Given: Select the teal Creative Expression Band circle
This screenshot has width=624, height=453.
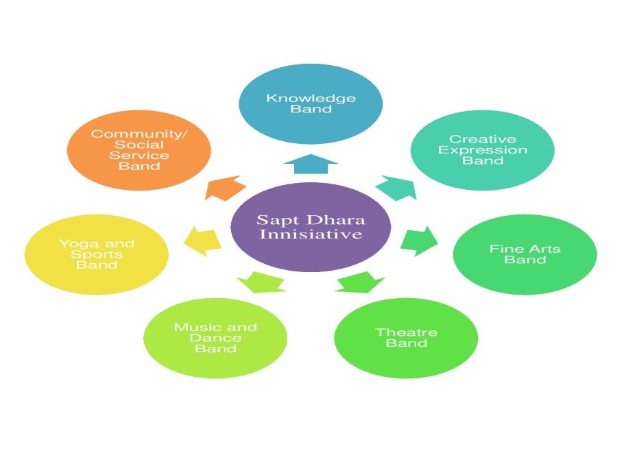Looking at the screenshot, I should (483, 150).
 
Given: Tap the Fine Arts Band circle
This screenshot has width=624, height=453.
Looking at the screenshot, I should (525, 254).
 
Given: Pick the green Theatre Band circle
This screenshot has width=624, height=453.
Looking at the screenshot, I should (406, 337).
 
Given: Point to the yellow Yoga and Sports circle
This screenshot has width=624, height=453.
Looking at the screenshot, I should (96, 254).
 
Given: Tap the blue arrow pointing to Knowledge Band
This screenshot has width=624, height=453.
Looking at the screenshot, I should (311, 167).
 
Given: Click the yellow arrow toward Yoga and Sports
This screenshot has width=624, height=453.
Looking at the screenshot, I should (203, 238).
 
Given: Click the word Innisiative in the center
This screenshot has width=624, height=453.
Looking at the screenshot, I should (311, 235).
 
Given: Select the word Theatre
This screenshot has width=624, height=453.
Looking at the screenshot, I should (406, 332).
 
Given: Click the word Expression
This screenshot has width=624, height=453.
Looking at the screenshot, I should (483, 150).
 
